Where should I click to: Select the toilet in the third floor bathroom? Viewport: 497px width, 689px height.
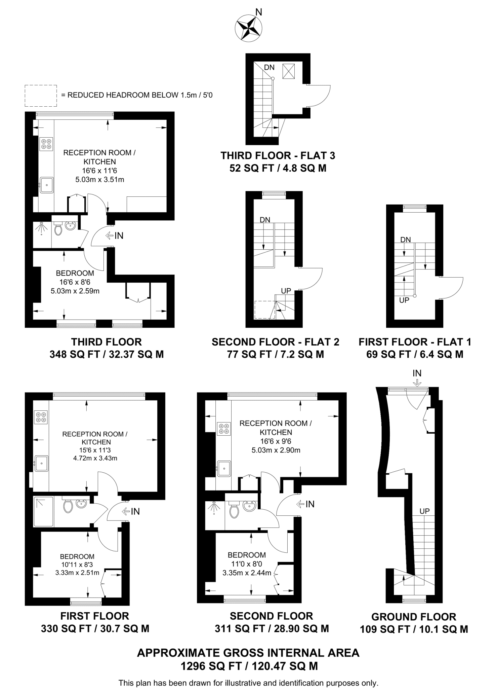58,229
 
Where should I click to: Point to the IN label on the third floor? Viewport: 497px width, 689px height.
119,236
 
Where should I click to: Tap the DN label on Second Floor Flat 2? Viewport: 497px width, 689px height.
265,220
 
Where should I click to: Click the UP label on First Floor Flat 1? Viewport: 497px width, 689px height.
404,300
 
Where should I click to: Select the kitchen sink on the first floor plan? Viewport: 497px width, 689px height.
41,463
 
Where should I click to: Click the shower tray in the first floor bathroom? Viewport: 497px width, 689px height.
43,512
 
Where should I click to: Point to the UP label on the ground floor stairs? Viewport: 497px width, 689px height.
424,511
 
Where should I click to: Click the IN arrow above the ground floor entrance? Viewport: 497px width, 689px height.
417,383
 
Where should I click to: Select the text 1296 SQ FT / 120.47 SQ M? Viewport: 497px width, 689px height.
249,666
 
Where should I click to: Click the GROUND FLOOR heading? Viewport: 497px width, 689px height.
414,617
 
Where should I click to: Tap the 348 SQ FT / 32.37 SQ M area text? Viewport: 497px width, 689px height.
107,354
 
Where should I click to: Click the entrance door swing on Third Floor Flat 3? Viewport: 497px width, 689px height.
319,96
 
